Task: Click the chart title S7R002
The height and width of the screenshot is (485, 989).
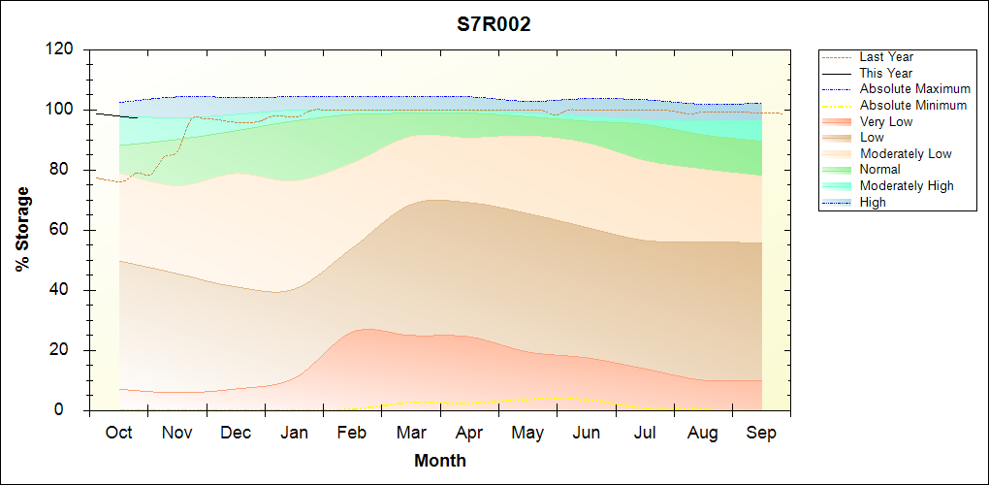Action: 494,25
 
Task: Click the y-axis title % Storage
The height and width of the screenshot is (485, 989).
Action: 22,235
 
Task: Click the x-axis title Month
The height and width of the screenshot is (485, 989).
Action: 440,461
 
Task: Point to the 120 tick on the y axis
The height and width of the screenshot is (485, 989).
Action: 61,49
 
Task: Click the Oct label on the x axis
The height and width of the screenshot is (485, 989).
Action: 118,433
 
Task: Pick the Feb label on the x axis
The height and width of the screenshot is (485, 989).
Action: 352,433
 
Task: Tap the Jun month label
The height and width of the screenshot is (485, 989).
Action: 586,433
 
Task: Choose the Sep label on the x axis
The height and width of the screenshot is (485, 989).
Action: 761,433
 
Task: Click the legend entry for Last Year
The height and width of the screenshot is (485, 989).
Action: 886,57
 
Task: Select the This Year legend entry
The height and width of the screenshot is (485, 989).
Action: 886,73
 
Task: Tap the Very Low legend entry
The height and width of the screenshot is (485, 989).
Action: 886,121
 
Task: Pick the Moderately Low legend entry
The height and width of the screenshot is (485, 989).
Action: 906,153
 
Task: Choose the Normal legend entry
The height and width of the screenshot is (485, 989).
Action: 879,170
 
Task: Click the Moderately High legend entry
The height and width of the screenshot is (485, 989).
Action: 907,186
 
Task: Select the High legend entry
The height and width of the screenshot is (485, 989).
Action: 873,202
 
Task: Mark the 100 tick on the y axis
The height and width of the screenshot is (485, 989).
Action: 61,110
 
